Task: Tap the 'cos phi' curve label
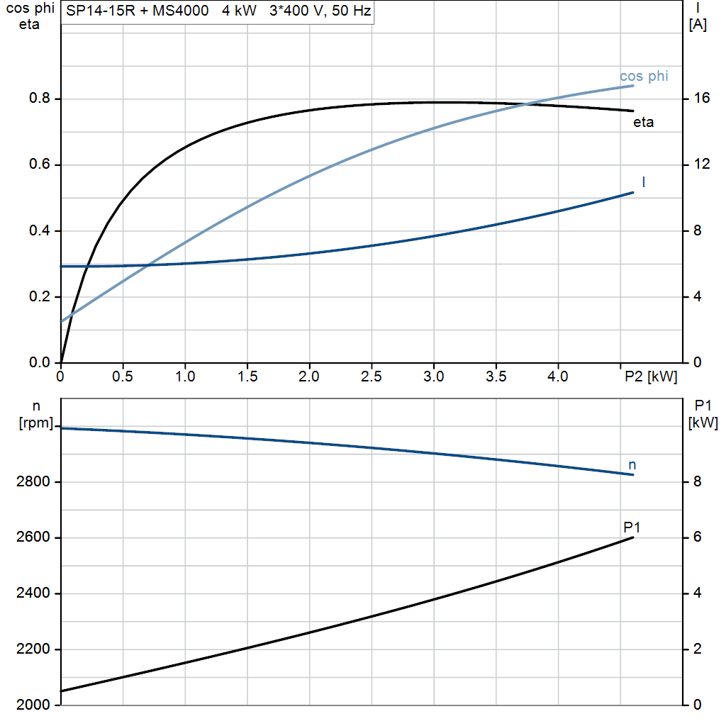[644, 76]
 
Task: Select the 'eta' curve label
[643, 123]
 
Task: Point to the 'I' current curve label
[643, 182]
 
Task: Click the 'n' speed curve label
[632, 465]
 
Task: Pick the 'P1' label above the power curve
[632, 527]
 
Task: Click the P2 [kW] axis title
[651, 376]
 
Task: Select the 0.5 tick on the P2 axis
[123, 376]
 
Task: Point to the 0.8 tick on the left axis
[40, 99]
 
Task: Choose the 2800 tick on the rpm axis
[33, 482]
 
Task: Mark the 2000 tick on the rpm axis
[33, 705]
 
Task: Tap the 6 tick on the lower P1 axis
[697, 537]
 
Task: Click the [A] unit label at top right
[698, 25]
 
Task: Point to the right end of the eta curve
[633, 111]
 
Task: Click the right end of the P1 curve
[633, 537]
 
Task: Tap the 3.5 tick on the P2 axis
[496, 376]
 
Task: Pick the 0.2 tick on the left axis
[40, 297]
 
